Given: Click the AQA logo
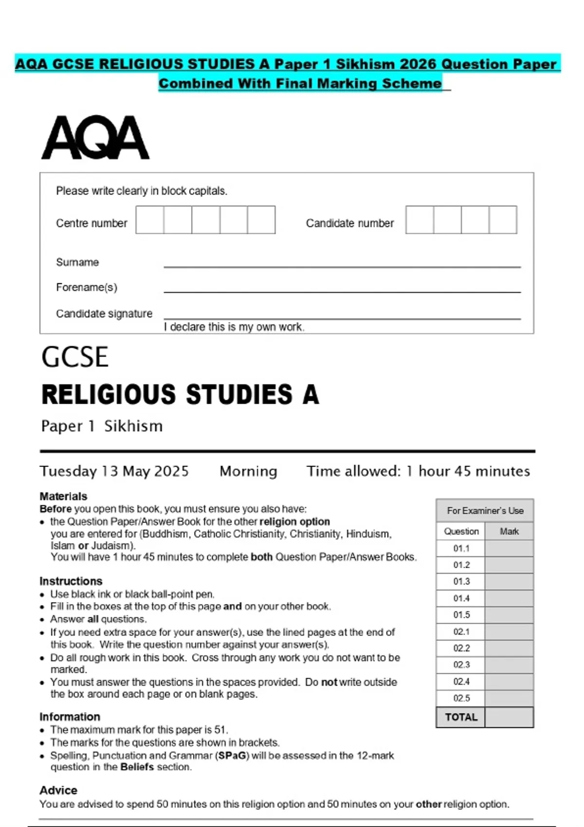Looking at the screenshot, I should click(x=95, y=138).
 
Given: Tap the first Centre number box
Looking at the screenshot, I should click(x=150, y=220).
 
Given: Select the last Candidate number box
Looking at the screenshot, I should click(x=503, y=220).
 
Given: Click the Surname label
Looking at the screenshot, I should click(x=77, y=262).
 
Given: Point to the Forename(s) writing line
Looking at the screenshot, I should click(x=342, y=291).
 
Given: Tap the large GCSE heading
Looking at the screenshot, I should click(x=75, y=358).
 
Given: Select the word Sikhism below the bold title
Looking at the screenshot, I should click(x=133, y=426).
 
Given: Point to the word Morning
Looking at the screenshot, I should click(x=248, y=471).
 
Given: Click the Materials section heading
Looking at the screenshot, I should click(x=63, y=496).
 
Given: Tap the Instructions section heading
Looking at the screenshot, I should click(x=71, y=581).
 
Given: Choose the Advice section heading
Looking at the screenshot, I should click(x=58, y=790).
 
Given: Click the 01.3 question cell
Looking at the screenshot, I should click(x=461, y=581).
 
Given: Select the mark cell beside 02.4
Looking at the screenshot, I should click(x=509, y=682).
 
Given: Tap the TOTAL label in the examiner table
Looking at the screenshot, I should click(x=461, y=717).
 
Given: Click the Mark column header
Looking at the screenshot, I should click(x=509, y=531).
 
